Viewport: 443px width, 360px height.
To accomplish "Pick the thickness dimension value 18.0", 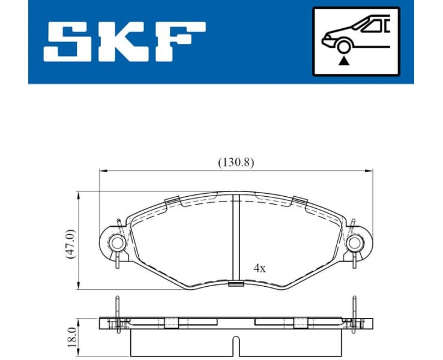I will [73, 338].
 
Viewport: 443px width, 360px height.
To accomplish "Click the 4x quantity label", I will [259, 268].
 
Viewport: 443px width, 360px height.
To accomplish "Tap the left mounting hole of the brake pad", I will [116, 242].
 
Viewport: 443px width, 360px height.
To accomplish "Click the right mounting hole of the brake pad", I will [355, 242].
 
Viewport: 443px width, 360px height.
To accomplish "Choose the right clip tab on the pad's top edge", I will [298, 201].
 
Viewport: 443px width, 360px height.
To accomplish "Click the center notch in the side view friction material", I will [236, 347].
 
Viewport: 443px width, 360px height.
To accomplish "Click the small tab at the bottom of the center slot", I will [236, 284].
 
